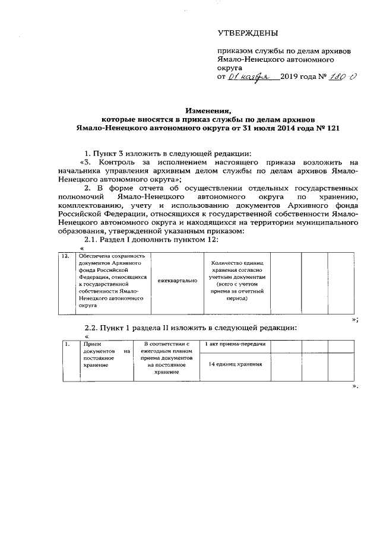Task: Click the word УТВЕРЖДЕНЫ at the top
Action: (x=248, y=32)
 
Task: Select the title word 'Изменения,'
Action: (x=207, y=110)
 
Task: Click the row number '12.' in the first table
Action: (x=66, y=256)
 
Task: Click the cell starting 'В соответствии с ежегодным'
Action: (x=170, y=358)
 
